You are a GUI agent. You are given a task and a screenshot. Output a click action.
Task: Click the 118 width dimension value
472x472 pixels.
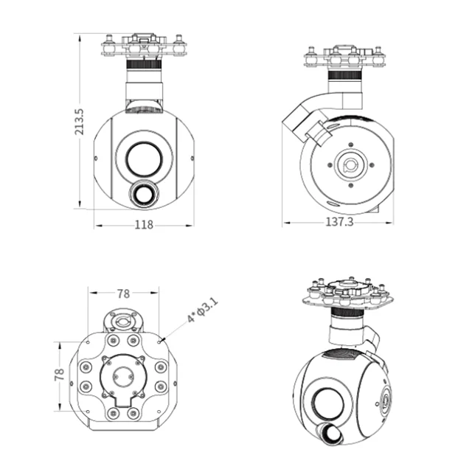click(145, 225)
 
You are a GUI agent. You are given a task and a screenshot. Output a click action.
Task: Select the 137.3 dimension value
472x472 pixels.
click(339, 222)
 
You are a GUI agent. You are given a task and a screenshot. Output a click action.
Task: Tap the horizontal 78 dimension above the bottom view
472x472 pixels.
click(123, 294)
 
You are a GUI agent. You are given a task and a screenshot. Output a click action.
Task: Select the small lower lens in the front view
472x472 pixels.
click(145, 192)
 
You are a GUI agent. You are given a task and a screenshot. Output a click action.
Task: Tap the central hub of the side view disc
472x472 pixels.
click(350, 165)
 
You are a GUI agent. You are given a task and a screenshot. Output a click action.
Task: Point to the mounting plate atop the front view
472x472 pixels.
click(144, 46)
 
